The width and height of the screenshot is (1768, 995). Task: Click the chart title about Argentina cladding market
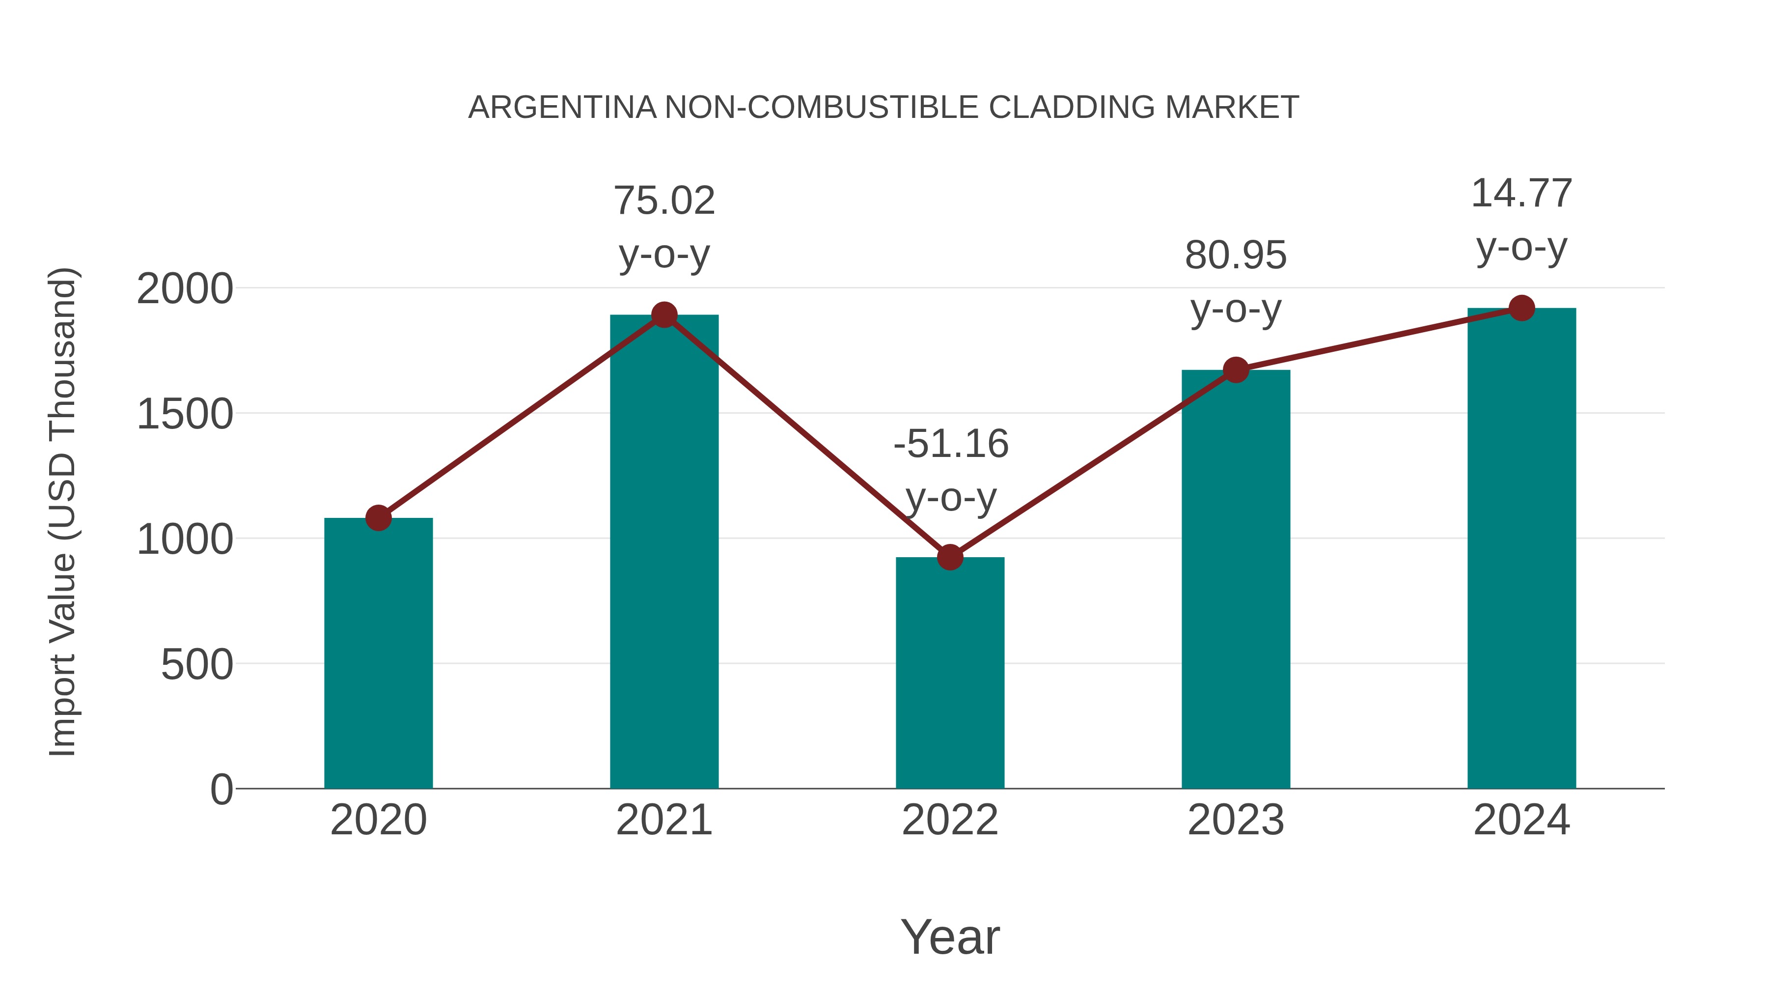point(884,108)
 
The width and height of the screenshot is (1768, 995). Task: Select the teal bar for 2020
point(378,653)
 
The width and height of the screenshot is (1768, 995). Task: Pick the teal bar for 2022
point(950,673)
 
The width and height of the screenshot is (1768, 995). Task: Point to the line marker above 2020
point(378,518)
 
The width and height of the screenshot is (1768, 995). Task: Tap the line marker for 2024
point(1521,308)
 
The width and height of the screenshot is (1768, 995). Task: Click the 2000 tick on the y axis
point(185,289)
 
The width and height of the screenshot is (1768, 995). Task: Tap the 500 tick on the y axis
point(196,665)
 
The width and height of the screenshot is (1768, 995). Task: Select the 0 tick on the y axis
point(221,790)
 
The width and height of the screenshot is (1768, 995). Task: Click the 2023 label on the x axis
point(1236,820)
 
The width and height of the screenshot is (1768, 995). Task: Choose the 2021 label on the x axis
point(663,820)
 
